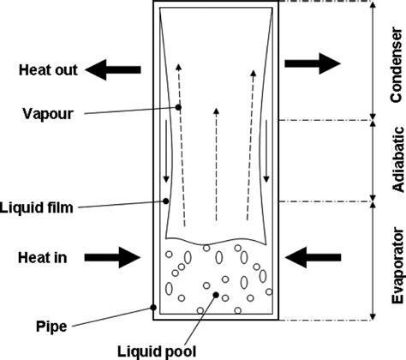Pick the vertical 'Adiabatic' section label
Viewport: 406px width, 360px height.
pyautogui.click(x=395, y=162)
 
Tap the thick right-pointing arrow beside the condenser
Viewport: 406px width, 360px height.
pyautogui.click(x=312, y=62)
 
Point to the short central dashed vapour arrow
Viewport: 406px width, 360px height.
pyautogui.click(x=216, y=158)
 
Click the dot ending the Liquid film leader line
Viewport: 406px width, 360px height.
pyautogui.click(x=164, y=201)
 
